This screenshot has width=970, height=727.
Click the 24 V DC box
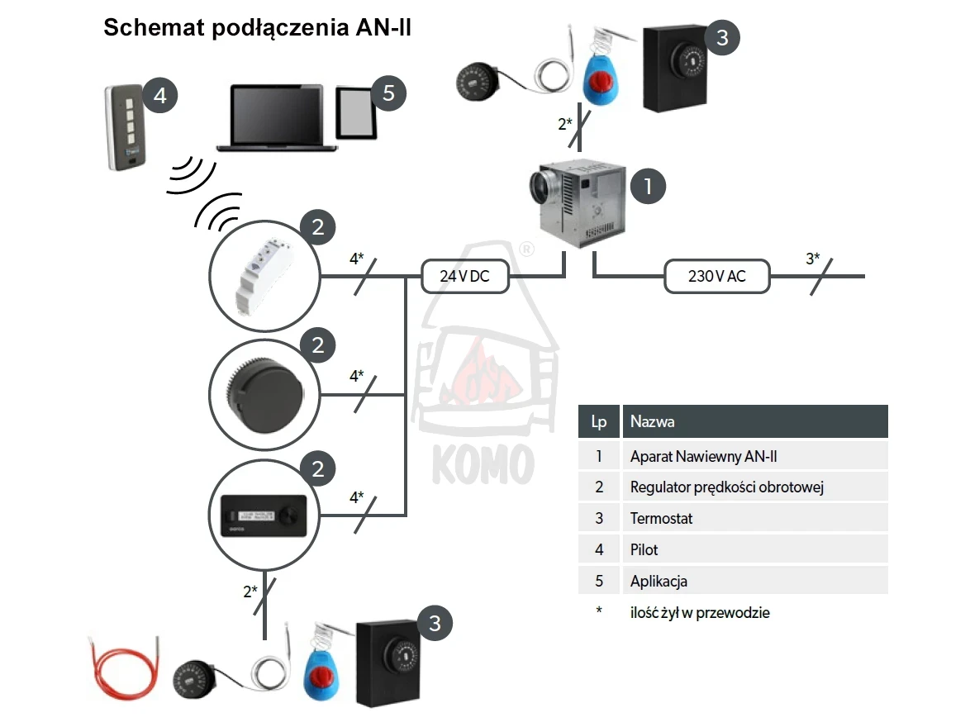click(x=465, y=276)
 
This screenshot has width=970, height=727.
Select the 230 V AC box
click(x=717, y=276)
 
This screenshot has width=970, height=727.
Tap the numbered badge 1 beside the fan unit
click(x=648, y=186)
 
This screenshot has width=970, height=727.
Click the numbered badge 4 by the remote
click(x=160, y=95)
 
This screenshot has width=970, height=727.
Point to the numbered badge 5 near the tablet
click(x=388, y=93)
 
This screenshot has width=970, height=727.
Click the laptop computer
click(x=277, y=117)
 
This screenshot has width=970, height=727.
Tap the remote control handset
click(x=126, y=127)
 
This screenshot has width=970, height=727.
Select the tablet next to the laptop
click(x=356, y=112)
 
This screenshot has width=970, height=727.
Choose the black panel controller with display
click(x=264, y=516)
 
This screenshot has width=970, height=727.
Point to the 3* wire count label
click(x=813, y=259)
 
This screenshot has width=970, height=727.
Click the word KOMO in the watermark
click(x=483, y=464)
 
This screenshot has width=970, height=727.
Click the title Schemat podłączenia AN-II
click(x=257, y=27)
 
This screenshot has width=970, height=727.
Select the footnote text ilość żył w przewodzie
click(x=700, y=612)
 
